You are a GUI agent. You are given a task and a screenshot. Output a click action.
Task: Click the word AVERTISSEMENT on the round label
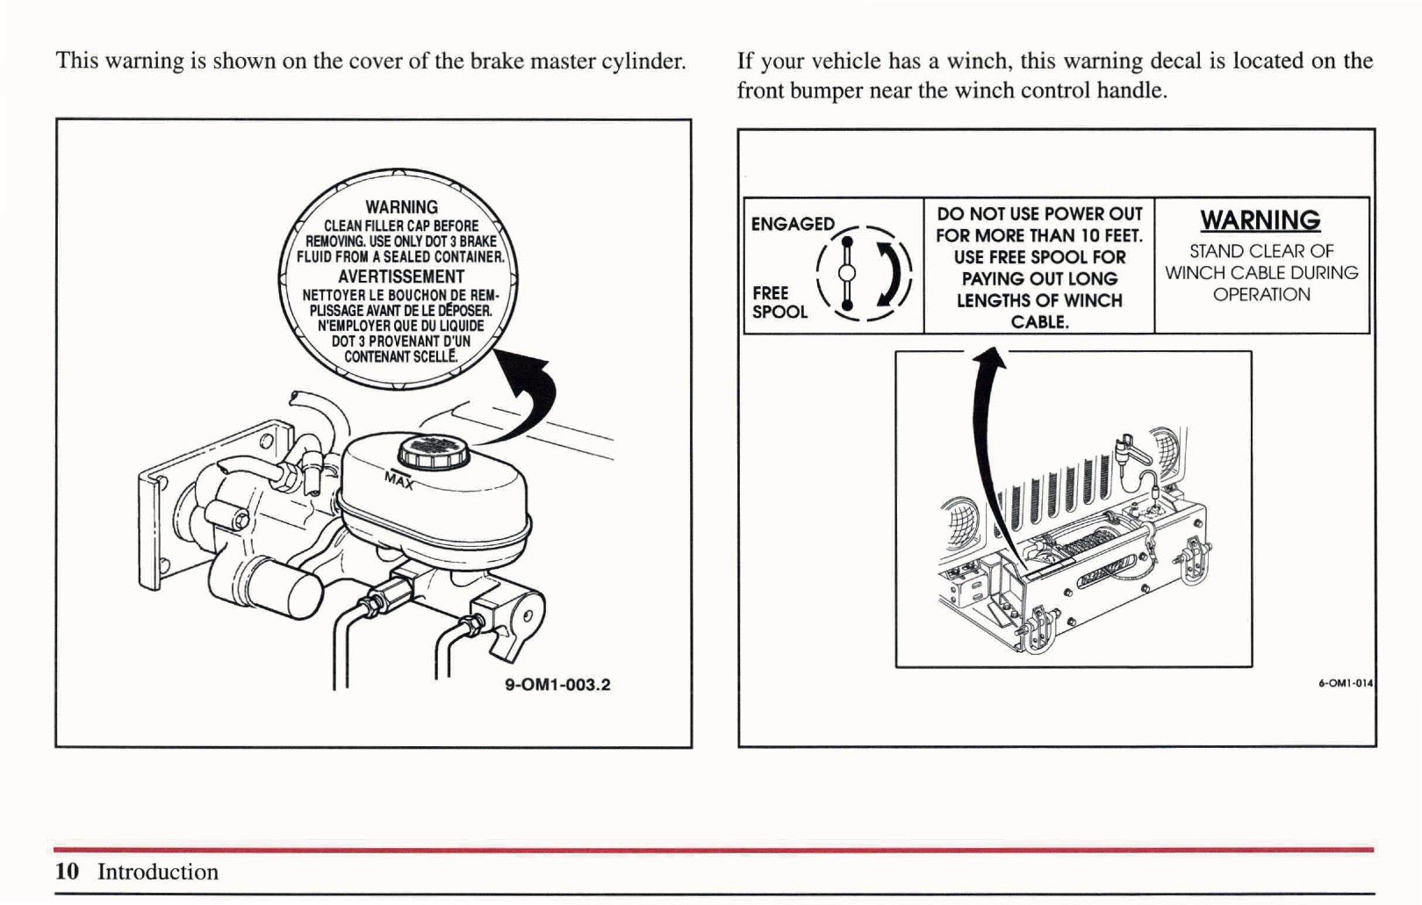401,277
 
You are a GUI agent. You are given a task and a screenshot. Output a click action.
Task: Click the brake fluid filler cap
434,451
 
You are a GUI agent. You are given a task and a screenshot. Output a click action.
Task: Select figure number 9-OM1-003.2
557,685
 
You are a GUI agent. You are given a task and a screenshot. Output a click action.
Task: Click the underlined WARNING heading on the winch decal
1260,219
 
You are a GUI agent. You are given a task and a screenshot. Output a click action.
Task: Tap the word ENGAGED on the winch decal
793,224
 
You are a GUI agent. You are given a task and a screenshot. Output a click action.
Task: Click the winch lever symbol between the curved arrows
847,273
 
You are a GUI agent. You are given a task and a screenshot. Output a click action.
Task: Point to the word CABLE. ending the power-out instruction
1039,322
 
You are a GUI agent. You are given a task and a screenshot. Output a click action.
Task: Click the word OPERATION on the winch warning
1261,295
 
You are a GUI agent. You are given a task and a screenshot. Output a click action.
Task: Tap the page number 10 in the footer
67,872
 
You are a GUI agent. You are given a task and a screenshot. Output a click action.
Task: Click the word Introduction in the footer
158,872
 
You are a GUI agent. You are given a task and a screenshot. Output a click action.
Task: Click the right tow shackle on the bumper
1193,563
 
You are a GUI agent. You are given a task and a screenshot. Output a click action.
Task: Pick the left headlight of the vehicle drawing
957,518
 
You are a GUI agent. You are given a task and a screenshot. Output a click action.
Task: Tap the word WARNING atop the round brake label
401,207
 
